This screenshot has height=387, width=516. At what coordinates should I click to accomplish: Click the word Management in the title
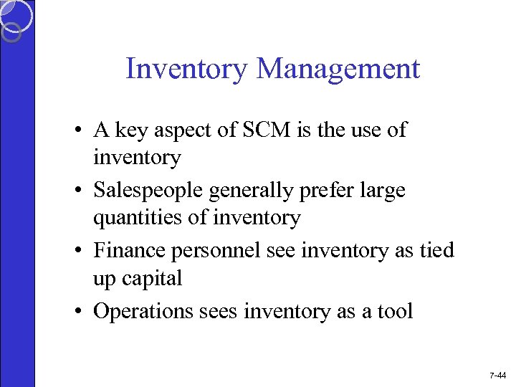(x=338, y=70)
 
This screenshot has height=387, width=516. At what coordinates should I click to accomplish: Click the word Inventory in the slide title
(x=186, y=70)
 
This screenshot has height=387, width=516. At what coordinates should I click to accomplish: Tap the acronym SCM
(x=244, y=130)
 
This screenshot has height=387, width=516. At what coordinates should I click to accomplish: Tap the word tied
(x=436, y=250)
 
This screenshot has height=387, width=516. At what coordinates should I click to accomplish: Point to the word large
(x=387, y=191)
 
